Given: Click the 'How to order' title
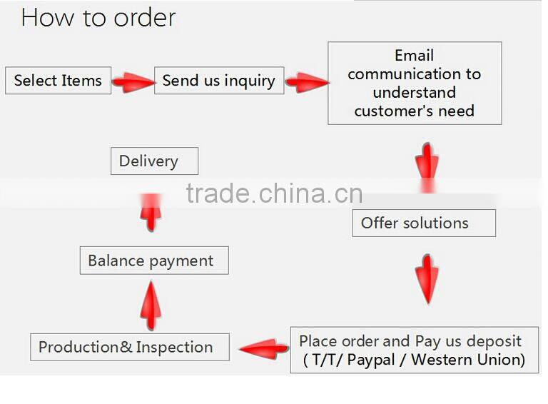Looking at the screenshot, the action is coord(98,17).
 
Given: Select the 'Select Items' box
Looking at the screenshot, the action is coord(59,81).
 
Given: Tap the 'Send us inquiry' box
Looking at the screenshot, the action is coord(219,81).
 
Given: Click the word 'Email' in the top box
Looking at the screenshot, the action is coord(414,55).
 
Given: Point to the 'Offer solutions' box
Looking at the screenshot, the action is coord(424,223).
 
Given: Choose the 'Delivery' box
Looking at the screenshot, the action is coord(154,161).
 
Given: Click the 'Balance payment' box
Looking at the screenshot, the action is coord(154,261).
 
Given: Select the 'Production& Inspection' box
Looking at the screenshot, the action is coord(130,347).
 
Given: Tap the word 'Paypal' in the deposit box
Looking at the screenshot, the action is coord(371,360).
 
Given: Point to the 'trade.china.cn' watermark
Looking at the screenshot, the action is coord(274,193).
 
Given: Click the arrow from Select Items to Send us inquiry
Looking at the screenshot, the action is coord(133,83).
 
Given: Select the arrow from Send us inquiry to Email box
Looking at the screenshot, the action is coord(308,83).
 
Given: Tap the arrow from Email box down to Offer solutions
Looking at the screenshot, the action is coord(427,168).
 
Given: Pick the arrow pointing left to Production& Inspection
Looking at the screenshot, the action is coord(265,348).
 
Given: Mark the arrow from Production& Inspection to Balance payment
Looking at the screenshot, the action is coord(151,305).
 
